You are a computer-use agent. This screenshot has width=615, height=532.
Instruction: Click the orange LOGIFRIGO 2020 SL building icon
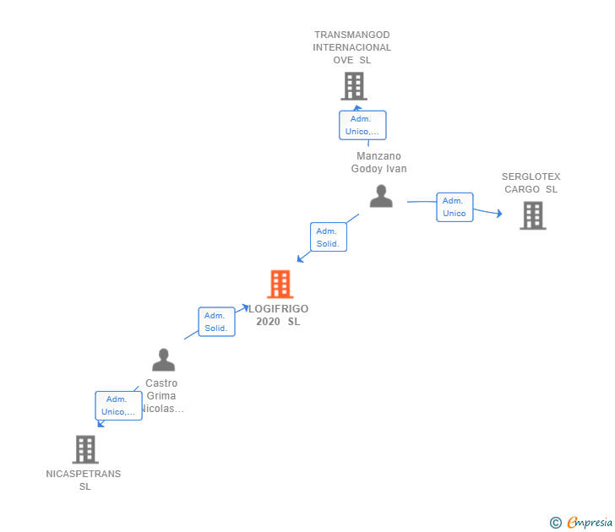(280, 285)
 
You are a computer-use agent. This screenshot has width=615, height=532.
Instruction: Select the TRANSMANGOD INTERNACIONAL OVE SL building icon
(353, 86)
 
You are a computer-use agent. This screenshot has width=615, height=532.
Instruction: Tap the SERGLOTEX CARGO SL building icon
(532, 215)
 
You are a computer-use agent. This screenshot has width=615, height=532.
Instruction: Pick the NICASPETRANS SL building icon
(85, 449)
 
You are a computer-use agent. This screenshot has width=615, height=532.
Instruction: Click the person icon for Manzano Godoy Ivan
(381, 197)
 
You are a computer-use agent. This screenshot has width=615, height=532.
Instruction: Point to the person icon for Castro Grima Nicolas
(163, 361)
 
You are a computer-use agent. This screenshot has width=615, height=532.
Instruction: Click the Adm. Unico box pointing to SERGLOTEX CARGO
(454, 207)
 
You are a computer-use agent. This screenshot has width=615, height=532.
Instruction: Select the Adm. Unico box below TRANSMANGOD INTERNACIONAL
(362, 125)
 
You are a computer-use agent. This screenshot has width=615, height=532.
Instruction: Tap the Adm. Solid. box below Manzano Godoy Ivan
(328, 237)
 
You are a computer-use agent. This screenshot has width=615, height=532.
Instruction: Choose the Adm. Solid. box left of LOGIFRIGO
(216, 322)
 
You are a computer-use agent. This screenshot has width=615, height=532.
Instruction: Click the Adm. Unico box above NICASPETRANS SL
(118, 405)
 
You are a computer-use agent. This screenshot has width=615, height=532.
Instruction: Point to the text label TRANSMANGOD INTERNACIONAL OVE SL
(352, 47)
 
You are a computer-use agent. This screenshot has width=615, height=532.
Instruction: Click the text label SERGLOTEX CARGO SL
(531, 183)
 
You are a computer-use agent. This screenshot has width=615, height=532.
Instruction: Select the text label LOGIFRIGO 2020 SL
(278, 315)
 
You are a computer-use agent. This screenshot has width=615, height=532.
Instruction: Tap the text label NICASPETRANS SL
(84, 480)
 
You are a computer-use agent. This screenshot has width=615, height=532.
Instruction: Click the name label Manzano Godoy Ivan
(379, 162)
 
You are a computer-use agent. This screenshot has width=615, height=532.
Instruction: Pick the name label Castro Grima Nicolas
(161, 395)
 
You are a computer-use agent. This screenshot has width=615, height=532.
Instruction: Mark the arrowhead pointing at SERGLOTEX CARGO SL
(498, 214)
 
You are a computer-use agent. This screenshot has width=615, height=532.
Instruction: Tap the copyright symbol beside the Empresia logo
(556, 523)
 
